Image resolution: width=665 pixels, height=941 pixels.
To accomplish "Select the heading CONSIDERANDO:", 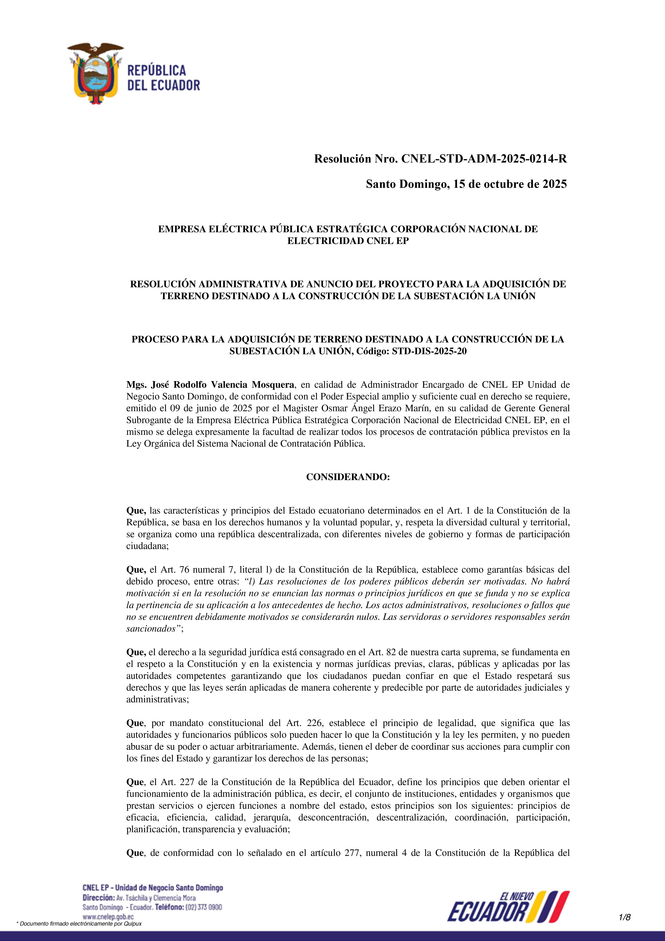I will tap(348, 477).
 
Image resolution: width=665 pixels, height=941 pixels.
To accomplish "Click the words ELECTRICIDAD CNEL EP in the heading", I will tap(348, 241).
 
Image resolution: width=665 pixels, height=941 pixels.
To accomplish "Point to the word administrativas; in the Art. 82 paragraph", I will tap(157, 700).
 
